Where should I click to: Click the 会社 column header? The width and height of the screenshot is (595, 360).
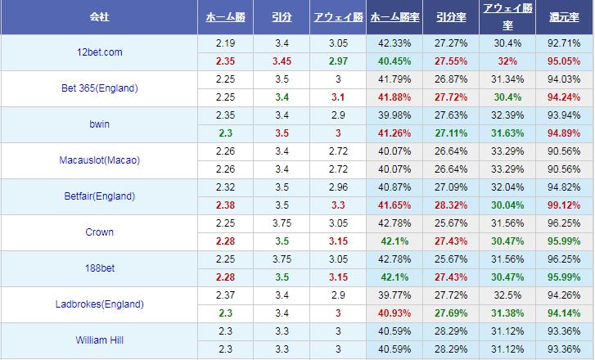point(98,17)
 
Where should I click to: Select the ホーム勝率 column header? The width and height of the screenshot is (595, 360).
point(395,17)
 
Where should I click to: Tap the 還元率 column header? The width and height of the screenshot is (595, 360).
point(565,17)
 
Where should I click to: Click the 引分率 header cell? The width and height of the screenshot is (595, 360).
point(451,17)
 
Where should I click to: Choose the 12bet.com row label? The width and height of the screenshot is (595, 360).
point(98,52)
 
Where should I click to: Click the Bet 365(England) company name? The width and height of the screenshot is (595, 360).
point(98,88)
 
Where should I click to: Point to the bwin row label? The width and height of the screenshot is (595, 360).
point(98,124)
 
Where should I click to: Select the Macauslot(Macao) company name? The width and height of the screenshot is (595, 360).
point(98,160)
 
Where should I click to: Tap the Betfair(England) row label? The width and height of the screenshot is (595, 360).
point(98,196)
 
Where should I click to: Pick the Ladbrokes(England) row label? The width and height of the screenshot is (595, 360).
point(98,304)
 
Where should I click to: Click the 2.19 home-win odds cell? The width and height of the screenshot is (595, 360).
point(225,43)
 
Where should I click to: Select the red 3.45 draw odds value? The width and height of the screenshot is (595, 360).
point(281,61)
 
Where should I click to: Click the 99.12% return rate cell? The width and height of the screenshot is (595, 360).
point(565,205)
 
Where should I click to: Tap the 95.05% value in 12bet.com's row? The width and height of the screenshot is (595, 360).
point(565,61)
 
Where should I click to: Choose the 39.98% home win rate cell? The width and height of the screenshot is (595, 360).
point(395,115)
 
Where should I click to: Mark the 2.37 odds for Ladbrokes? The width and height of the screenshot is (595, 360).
point(225,295)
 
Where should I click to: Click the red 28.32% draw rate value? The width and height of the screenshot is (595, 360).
point(451,205)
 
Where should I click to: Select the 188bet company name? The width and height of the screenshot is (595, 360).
point(98,268)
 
